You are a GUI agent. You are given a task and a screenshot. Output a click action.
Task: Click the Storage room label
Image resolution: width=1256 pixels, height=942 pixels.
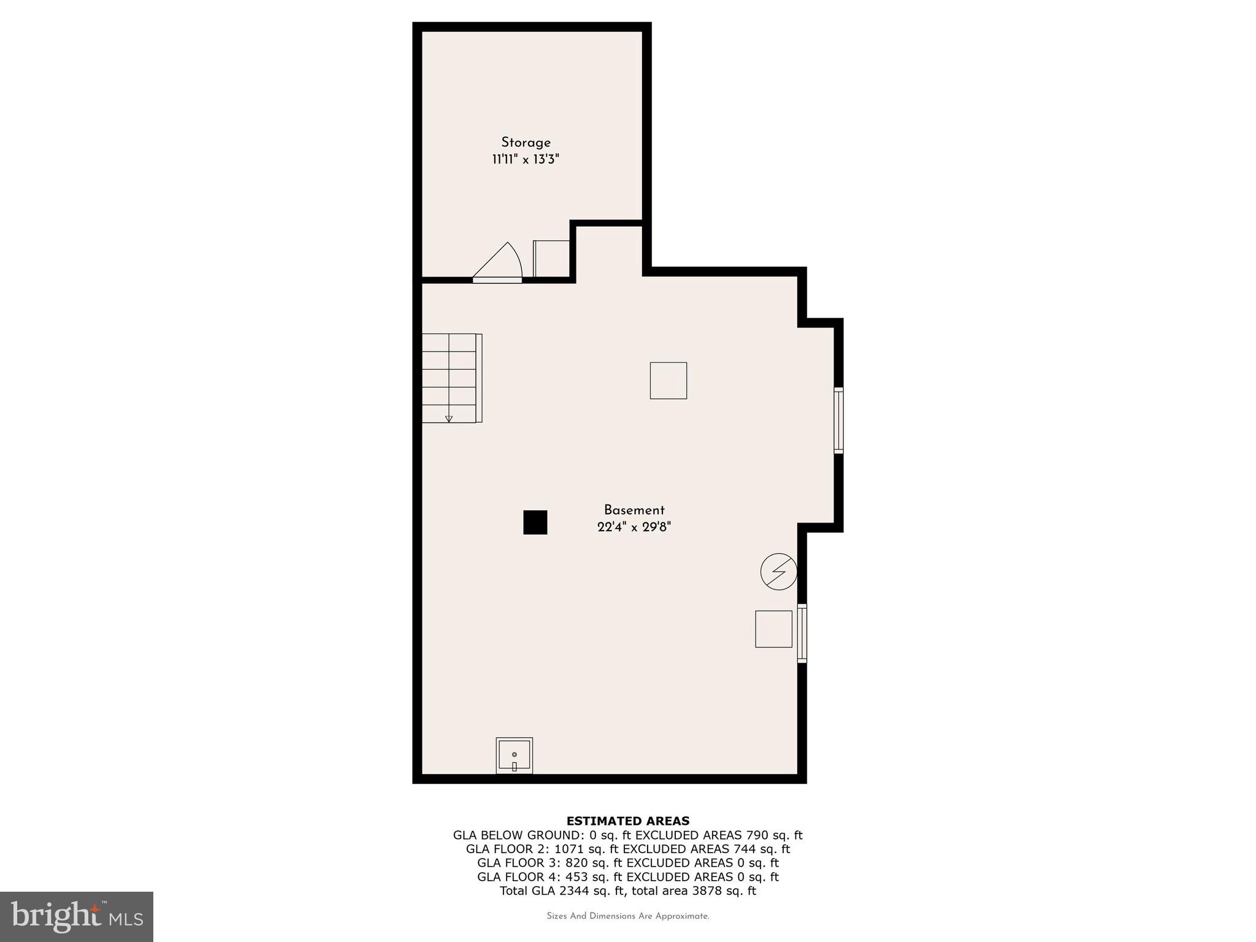pos(526,142)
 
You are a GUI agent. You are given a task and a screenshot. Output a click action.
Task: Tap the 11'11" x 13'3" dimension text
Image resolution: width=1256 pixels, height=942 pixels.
pos(526,160)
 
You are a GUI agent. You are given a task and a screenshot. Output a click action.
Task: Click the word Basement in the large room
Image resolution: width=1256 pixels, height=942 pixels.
pos(634,510)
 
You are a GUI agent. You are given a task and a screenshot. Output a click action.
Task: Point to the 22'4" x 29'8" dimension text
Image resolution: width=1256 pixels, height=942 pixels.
pos(634,527)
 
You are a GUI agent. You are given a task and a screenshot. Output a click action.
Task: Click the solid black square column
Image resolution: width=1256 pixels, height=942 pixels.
pos(535,523)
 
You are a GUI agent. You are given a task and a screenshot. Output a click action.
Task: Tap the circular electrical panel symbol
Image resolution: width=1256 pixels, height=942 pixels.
pos(778,572)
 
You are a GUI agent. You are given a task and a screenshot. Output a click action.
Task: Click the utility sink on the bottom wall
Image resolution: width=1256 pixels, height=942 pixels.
pos(514,756)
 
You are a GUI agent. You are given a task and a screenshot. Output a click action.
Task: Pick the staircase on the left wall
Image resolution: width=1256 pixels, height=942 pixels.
pos(451,378)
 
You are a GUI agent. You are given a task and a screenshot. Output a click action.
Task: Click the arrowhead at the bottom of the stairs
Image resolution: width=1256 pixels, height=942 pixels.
pos(449,419)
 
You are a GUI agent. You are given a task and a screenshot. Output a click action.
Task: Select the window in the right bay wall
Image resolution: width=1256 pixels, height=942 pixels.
pos(838,420)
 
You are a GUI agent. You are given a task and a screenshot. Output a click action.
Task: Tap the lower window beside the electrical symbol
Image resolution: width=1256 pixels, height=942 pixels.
pos(802,633)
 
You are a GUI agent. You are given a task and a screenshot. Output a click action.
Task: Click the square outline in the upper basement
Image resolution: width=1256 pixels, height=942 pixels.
pos(668,380)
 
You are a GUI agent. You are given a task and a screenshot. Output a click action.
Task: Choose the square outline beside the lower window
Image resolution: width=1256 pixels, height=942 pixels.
pos(773,629)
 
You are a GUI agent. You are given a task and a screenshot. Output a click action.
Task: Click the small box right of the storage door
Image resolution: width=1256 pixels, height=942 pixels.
pos(551,259)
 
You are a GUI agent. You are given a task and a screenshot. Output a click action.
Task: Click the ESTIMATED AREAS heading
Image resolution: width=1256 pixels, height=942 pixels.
pos(627,821)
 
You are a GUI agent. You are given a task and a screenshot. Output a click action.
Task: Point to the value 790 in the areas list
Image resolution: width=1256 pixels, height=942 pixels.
pos(757,835)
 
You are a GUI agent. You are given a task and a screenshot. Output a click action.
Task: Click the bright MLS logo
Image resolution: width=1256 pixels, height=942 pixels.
pos(77,917)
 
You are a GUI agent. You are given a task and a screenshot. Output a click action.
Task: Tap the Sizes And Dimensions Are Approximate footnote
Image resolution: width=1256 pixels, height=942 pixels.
pos(627,916)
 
